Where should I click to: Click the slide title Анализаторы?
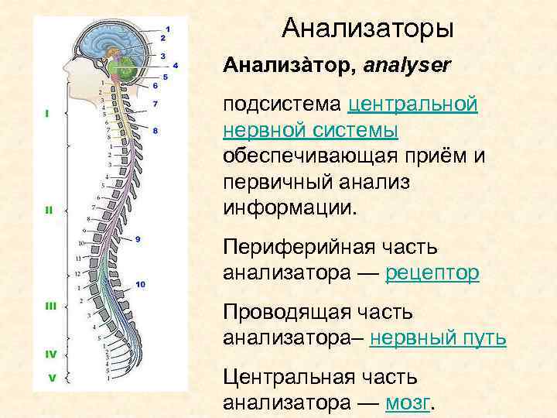pos(367,29)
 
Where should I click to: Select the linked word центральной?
pos(413,104)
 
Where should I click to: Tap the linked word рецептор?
pos(432,272)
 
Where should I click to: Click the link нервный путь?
pos(438,338)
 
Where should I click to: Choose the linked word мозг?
pos(409,403)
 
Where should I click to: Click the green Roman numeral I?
pos(48,113)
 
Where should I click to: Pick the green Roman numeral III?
pos(51,307)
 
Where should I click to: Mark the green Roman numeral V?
pos(51,379)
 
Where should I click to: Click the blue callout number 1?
pos(169,29)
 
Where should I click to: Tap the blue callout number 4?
pos(176,66)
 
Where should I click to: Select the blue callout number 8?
pos(155,131)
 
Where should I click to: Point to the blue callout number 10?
pos(140,285)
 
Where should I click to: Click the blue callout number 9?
pos(136,238)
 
